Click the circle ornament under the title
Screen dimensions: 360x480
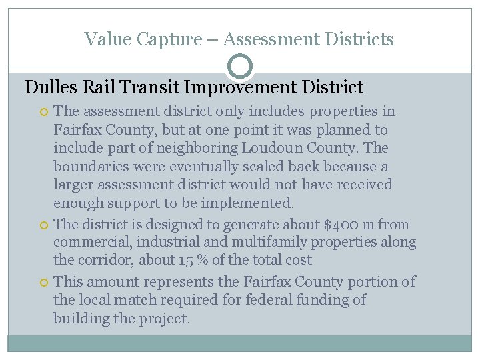240,67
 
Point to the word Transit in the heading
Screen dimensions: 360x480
150,87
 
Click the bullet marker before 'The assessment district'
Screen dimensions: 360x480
45,111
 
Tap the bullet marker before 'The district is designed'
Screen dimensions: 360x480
45,225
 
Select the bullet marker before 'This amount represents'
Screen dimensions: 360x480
45,283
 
